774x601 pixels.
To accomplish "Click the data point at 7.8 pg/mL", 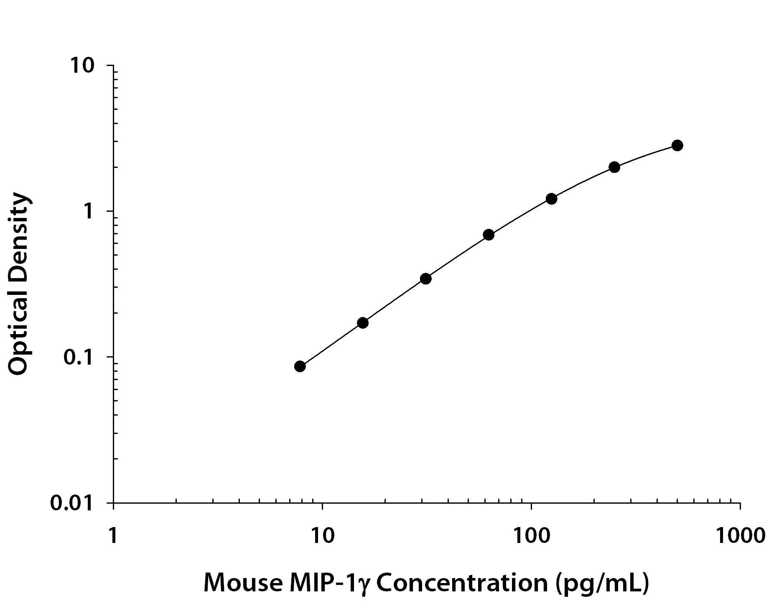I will coord(300,366).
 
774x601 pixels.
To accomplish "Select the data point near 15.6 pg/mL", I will coord(363,323).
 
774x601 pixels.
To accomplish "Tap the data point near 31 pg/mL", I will coord(425,279).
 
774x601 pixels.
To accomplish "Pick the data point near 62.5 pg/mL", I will coord(489,235).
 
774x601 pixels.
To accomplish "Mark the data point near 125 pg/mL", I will coord(551,199).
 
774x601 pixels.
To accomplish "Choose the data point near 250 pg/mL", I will coord(614,167).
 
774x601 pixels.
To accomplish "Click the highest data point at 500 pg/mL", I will coord(677,145).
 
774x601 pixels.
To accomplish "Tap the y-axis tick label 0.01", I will coord(71,503).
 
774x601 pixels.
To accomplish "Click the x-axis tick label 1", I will coord(113,535).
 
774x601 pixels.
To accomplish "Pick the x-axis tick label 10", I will coord(322,535).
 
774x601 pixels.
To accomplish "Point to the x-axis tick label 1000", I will coord(740,535).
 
